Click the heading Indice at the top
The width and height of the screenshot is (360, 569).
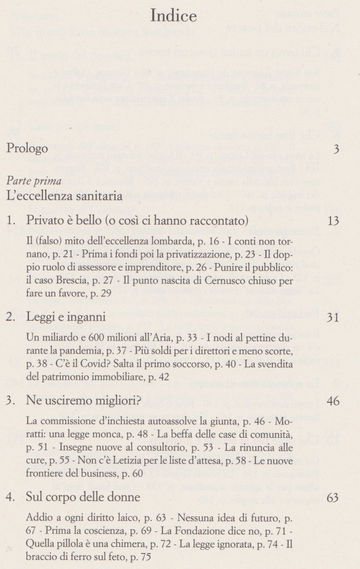click(173, 16)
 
